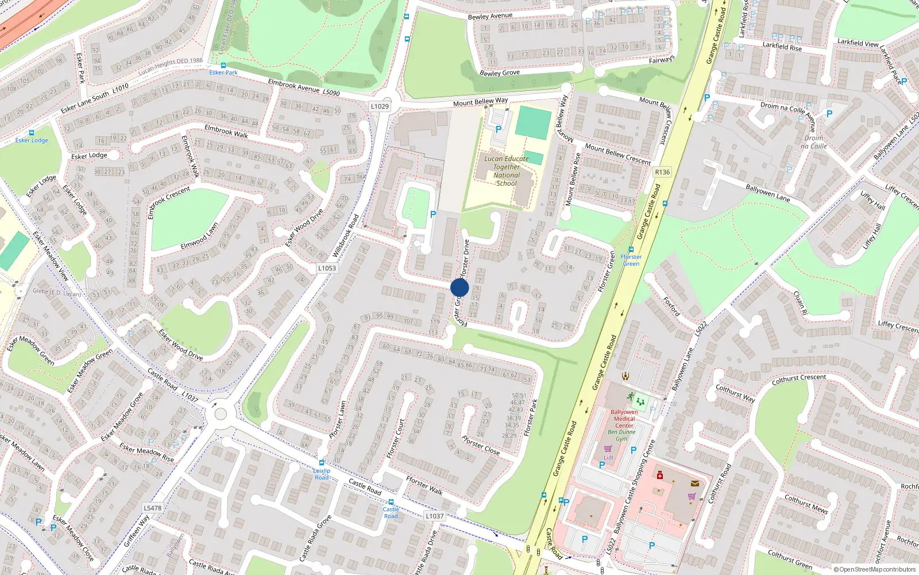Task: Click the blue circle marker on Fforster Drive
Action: click(x=459, y=287)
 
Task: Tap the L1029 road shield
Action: click(x=380, y=106)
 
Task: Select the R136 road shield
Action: click(x=662, y=172)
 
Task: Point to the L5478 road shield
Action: click(x=152, y=508)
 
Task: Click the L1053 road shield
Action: click(x=327, y=268)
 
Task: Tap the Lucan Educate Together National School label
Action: click(x=506, y=171)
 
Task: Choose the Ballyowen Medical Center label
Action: click(x=624, y=419)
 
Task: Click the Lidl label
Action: click(x=608, y=458)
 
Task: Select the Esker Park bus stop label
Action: click(x=223, y=72)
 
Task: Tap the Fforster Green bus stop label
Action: click(x=631, y=260)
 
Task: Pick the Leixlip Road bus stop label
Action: click(x=322, y=474)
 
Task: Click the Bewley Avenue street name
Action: click(x=490, y=16)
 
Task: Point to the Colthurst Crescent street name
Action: click(x=799, y=379)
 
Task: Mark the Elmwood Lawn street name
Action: click(x=199, y=236)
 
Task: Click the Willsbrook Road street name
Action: click(x=345, y=236)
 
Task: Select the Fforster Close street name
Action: click(x=481, y=446)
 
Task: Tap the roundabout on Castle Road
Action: click(x=220, y=413)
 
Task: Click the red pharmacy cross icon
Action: click(x=660, y=476)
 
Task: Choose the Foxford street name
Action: click(x=671, y=306)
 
